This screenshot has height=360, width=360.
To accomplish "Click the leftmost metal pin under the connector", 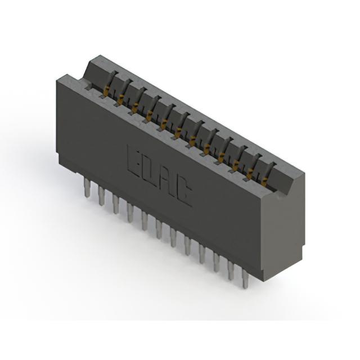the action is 88,188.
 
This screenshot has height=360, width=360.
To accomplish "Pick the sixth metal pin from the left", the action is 159,229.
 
